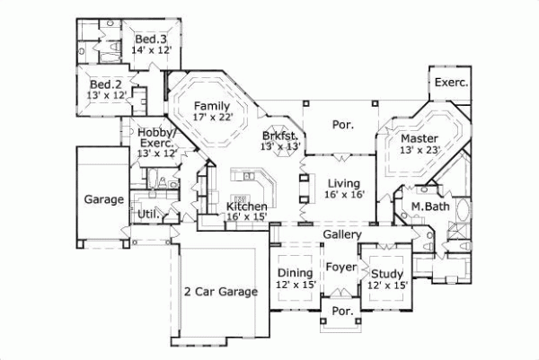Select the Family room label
click(212, 105)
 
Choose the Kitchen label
click(246, 206)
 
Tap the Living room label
click(343, 183)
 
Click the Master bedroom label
click(420, 138)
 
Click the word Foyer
click(341, 267)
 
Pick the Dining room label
click(295, 273)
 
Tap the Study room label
click(387, 273)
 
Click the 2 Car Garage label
click(221, 291)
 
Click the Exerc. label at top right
click(451, 83)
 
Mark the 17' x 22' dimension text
click(212, 117)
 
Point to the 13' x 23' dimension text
click(420, 151)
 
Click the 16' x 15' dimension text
click(246, 216)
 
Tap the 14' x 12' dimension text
click(152, 51)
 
